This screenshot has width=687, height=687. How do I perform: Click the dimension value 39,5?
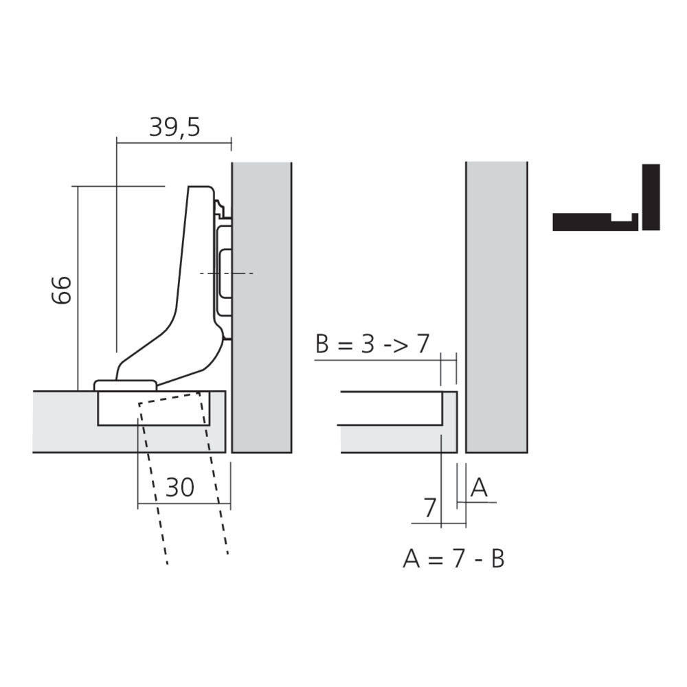pos(174,127)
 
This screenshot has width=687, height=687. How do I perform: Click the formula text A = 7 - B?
pos(453,559)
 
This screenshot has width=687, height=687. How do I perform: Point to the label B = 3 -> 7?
pos(372,343)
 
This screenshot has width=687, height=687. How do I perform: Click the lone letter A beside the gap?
pos(480,488)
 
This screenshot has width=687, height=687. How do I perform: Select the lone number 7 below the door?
pos(429,508)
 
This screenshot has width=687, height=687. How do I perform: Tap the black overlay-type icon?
pos(606,206)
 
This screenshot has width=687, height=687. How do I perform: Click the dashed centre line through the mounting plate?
pos(227,274)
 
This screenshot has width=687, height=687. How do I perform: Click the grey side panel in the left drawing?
pos(262,309)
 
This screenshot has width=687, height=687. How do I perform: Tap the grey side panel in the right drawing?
pos(497,309)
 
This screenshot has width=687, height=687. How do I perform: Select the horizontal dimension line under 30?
pos(183,505)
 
